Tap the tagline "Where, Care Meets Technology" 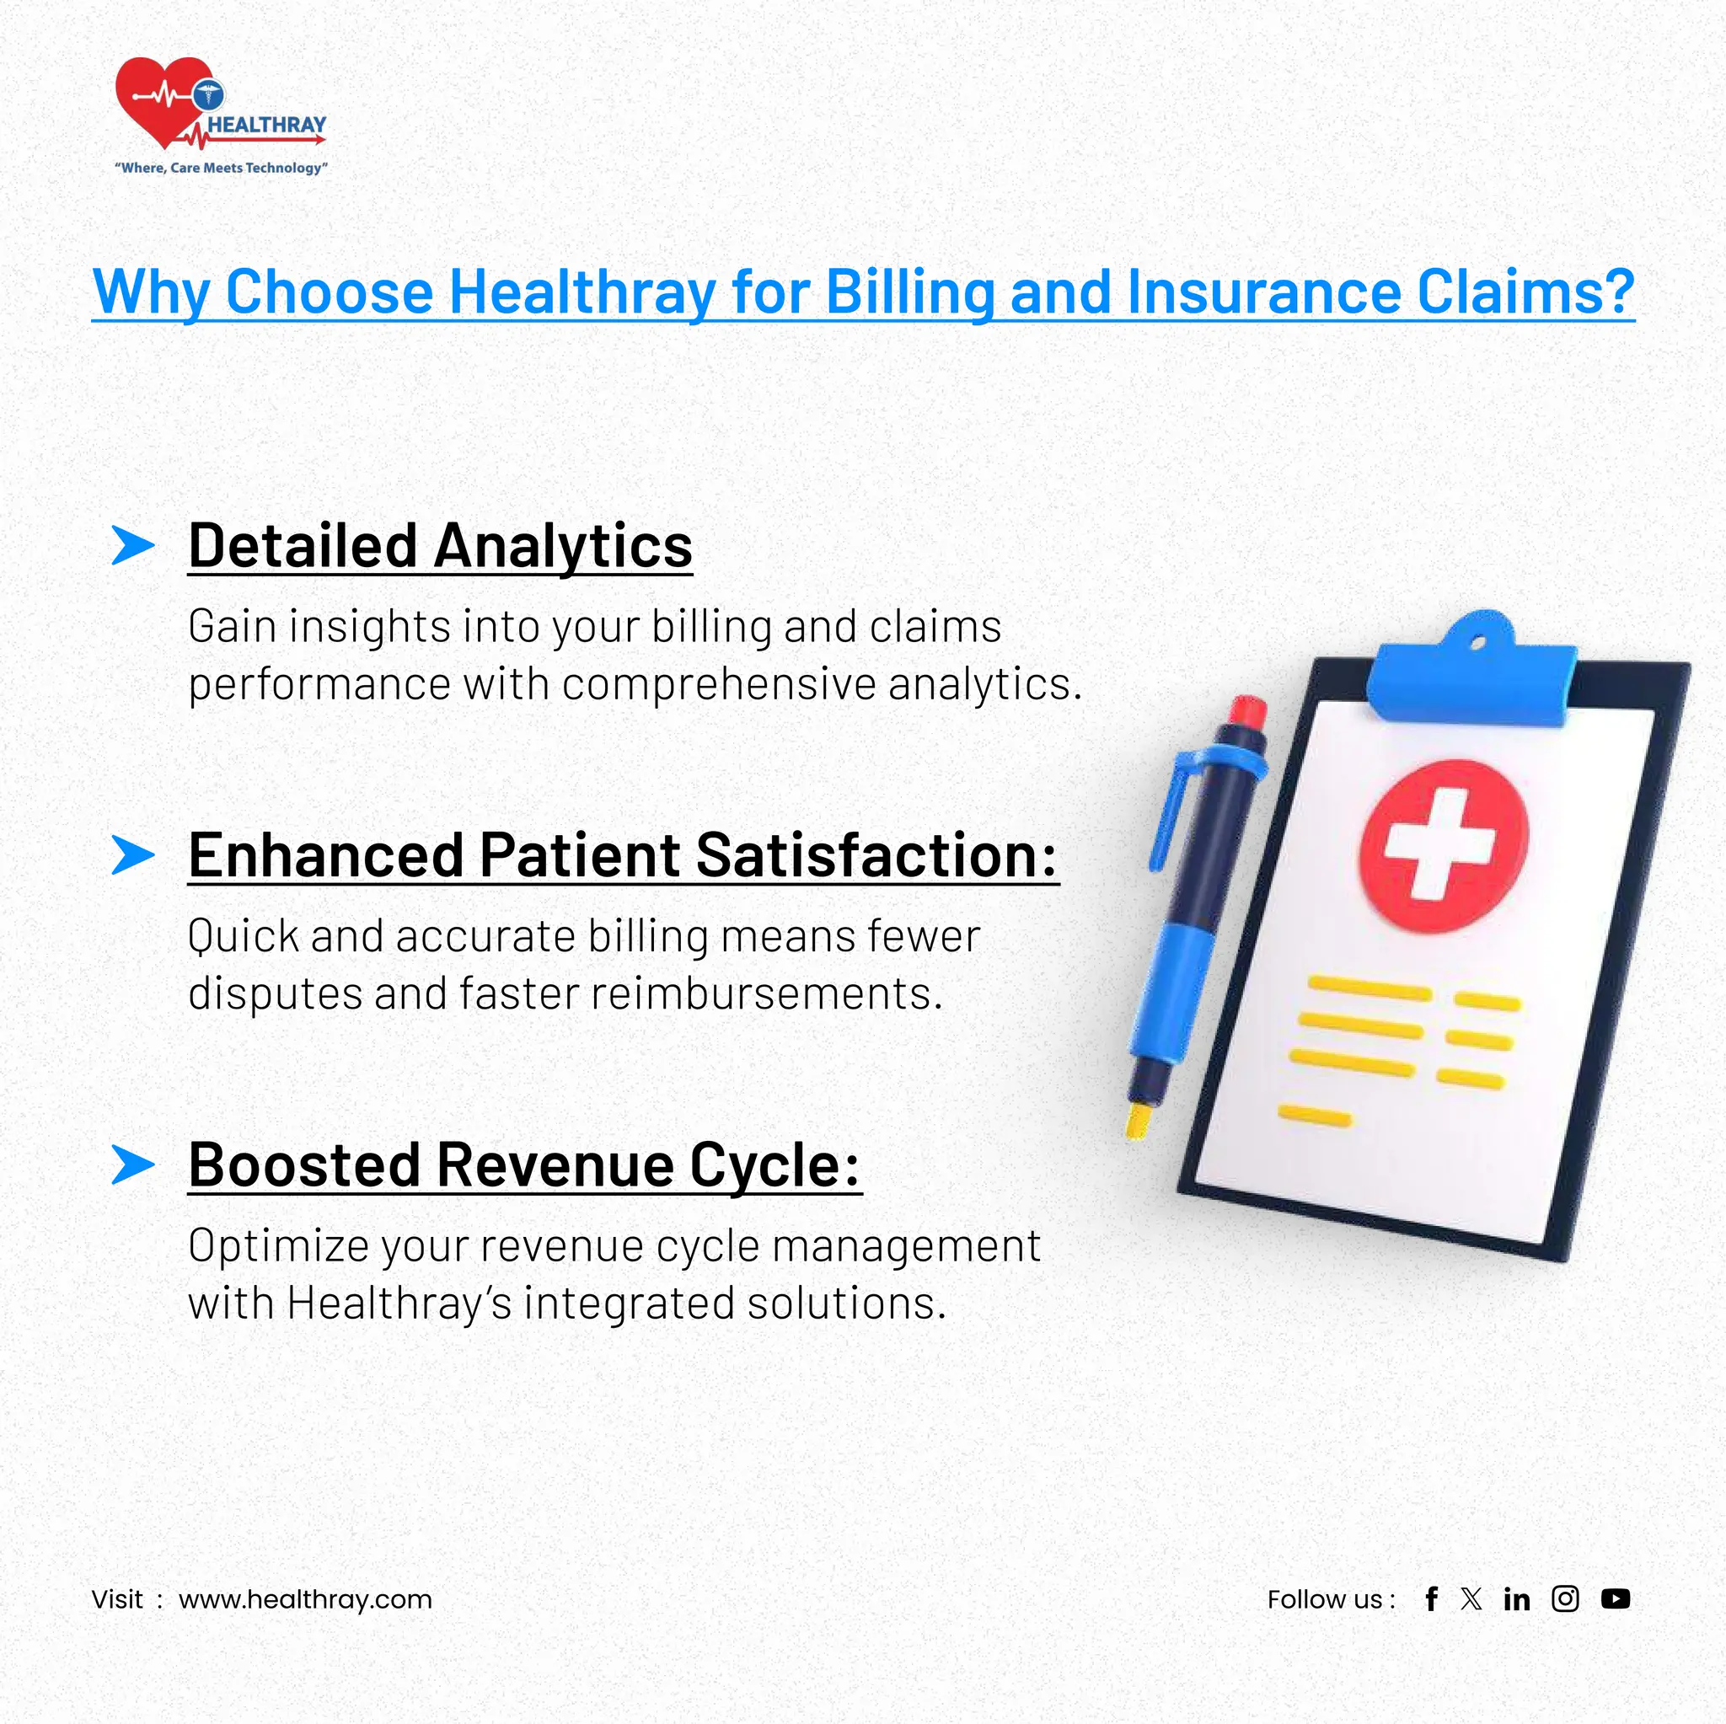pyautogui.click(x=222, y=168)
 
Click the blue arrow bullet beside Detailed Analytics pyautogui.click(x=133, y=545)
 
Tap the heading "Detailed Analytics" pyautogui.click(x=440, y=546)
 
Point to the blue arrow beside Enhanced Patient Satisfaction pyautogui.click(x=133, y=855)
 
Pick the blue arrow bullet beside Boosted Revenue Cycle pyautogui.click(x=133, y=1165)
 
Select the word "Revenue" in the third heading pyautogui.click(x=552, y=1165)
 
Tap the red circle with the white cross pyautogui.click(x=1443, y=845)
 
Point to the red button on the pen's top pyautogui.click(x=1246, y=713)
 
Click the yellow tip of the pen pyautogui.click(x=1138, y=1120)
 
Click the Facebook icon pyautogui.click(x=1431, y=1599)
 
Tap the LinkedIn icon pyautogui.click(x=1517, y=1599)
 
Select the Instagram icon pyautogui.click(x=1565, y=1599)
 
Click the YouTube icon pyautogui.click(x=1616, y=1599)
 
